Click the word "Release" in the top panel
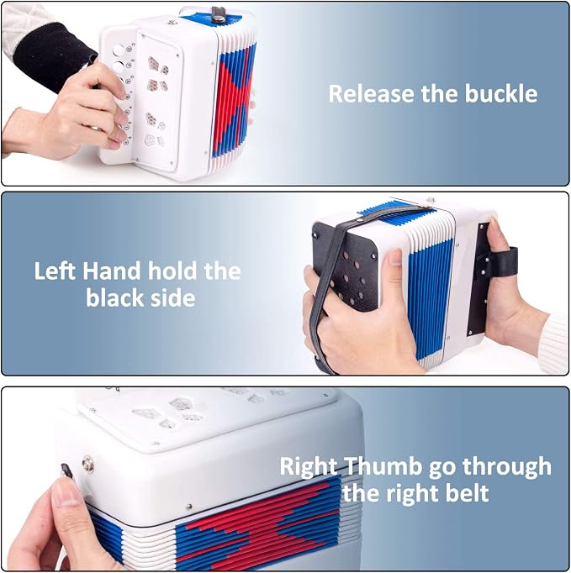372,93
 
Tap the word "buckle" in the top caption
500,93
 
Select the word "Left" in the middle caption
56,271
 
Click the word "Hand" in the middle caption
112,271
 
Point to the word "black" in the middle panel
115,297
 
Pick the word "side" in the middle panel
172,297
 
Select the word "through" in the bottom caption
507,468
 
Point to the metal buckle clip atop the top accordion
219,15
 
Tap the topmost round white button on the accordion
119,50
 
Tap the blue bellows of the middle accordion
431,296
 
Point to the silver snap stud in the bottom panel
87,465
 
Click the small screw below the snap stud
189,507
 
